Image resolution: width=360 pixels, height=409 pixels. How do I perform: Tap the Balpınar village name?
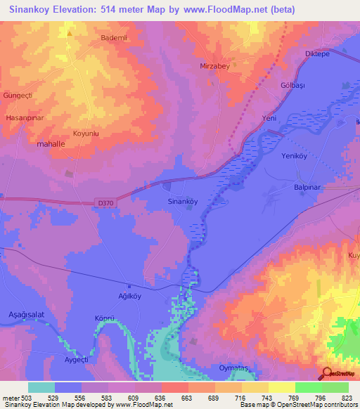[x=307, y=188]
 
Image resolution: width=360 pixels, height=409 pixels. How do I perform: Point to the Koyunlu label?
[x=86, y=132]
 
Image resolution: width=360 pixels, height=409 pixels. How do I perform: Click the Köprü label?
[x=104, y=318]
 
